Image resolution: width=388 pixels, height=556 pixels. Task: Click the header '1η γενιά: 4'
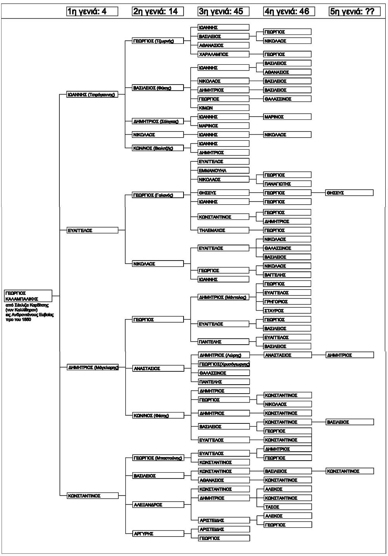(x=92, y=12)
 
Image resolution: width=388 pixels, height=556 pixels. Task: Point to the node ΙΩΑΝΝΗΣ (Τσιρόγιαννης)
(x=92, y=95)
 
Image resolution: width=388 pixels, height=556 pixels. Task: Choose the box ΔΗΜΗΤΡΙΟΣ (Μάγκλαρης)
(x=92, y=367)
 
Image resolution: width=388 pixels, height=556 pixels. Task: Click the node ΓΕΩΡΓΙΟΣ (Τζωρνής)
(x=158, y=41)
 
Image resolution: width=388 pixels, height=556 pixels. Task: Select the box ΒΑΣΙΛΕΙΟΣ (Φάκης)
(x=158, y=88)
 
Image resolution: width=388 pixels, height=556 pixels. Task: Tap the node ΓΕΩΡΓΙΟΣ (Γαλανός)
(x=158, y=195)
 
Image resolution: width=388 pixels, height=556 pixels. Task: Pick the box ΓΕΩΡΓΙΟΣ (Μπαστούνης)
(x=158, y=458)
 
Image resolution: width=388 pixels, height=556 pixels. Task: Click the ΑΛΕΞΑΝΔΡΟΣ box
(x=158, y=505)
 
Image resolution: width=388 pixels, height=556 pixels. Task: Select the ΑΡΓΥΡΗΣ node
(x=158, y=534)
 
